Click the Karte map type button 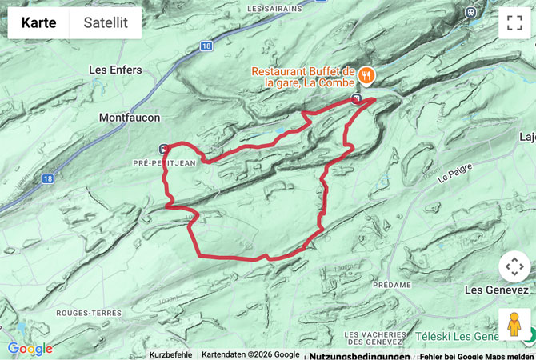38,23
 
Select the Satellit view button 106,23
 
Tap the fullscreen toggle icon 514,23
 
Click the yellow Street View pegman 514,324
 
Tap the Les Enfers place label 115,70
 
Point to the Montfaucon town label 130,118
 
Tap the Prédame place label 391,285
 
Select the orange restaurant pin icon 366,75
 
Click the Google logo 30,349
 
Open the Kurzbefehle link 170,354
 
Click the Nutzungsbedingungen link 359,355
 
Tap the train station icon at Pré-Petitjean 164,149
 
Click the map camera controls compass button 514,266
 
